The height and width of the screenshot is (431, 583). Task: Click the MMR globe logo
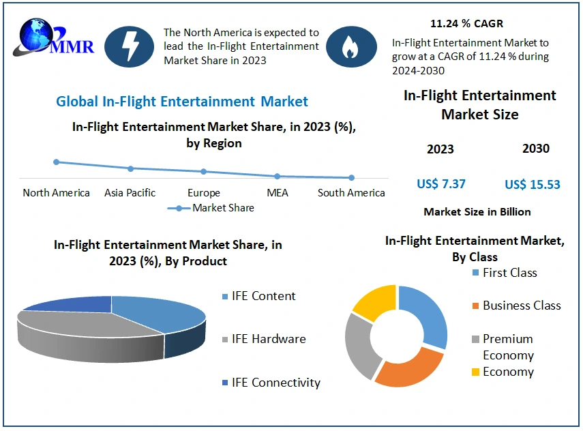(53, 38)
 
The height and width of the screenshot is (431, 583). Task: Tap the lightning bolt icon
(129, 46)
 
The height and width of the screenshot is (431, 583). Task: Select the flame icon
(351, 46)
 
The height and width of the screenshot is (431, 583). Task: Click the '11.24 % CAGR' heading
(466, 23)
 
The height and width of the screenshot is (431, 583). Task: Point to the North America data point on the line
(56, 162)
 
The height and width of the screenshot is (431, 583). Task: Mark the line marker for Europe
(203, 172)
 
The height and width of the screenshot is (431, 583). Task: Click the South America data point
(351, 178)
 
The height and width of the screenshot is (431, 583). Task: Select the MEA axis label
(278, 192)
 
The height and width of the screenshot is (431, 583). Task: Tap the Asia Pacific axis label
(130, 192)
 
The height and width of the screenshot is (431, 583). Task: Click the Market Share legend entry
(211, 208)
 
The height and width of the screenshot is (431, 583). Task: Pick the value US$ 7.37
(441, 183)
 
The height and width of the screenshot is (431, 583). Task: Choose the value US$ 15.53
(533, 184)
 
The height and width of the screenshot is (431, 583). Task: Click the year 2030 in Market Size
(536, 149)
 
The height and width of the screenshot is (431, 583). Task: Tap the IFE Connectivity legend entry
(271, 383)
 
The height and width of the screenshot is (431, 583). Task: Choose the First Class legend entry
(505, 273)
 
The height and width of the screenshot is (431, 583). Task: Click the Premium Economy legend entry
(503, 347)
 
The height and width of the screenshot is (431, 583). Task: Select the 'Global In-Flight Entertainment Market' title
(182, 102)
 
